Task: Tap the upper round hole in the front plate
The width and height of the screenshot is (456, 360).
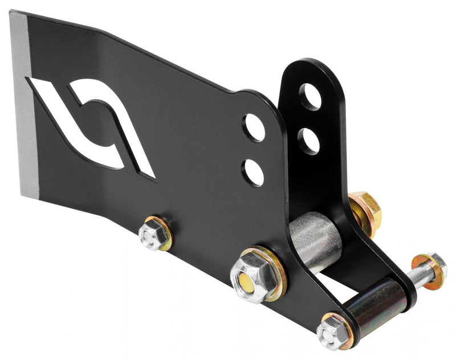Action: click(253, 128)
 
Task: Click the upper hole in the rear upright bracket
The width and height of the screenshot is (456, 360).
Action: click(310, 97)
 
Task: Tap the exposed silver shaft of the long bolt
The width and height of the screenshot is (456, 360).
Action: click(416, 277)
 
